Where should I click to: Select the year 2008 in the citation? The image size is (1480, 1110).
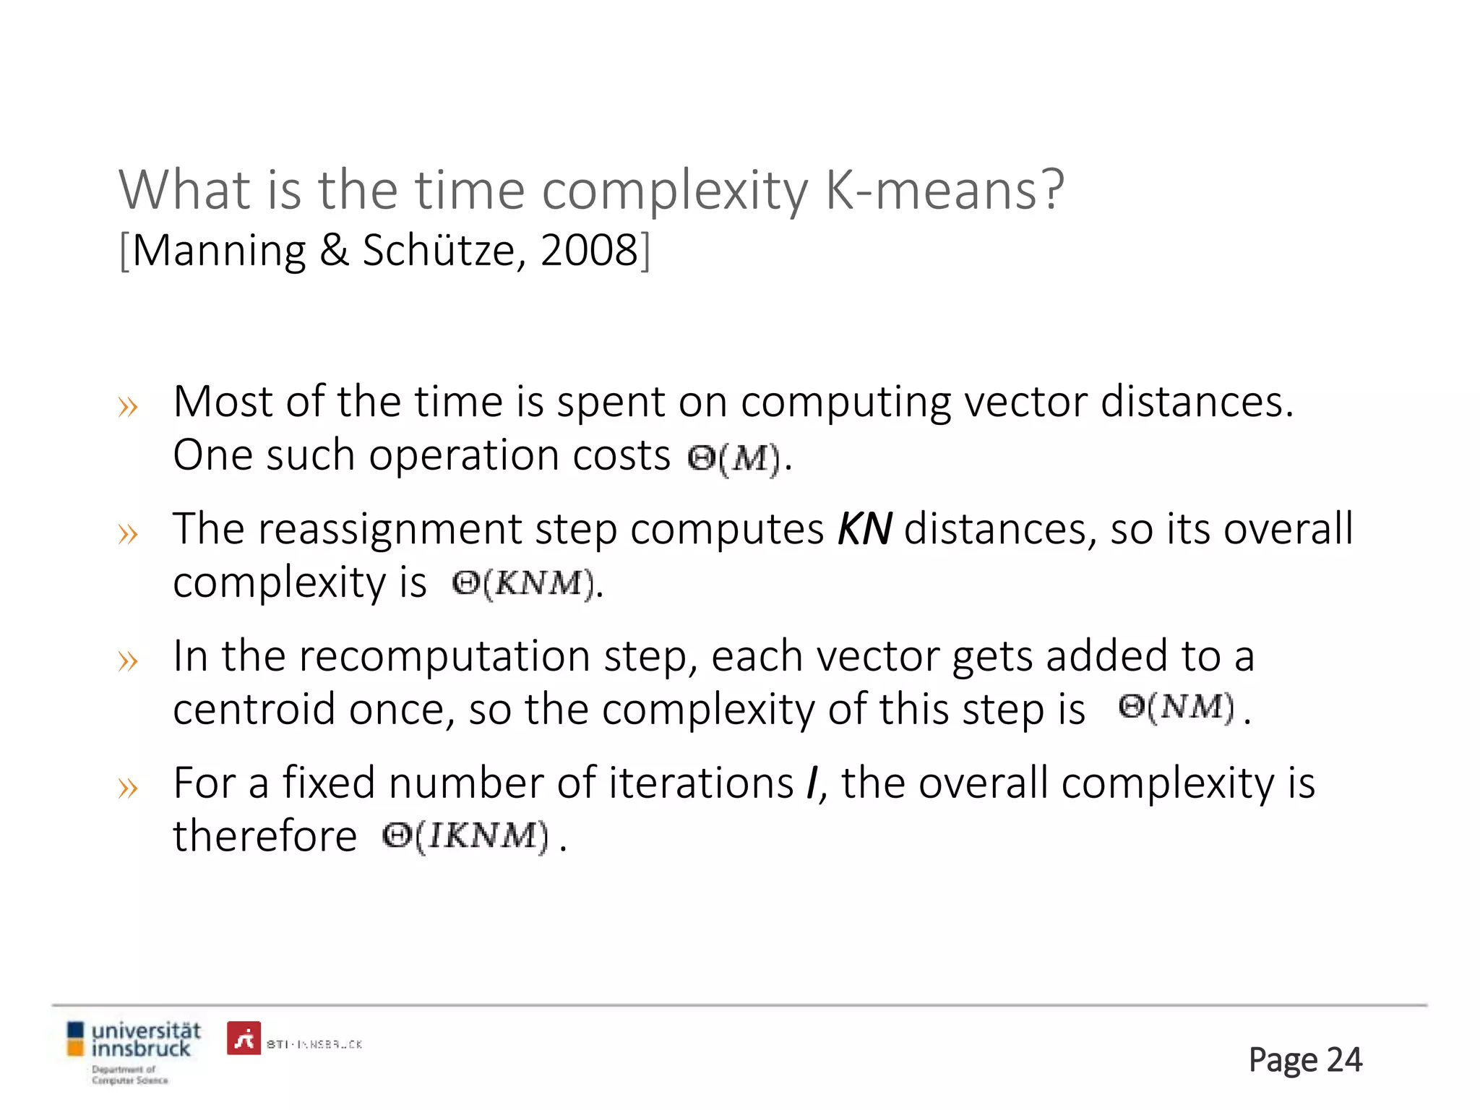point(588,251)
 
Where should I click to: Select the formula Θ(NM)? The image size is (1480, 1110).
point(1176,708)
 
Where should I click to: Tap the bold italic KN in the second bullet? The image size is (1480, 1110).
point(864,528)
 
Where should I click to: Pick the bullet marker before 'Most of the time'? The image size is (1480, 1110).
point(128,407)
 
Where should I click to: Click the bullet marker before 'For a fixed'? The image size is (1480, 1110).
point(128,788)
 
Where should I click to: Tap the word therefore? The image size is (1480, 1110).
point(264,836)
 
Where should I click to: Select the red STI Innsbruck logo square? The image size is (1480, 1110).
point(244,1038)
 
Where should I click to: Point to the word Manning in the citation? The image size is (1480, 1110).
point(219,251)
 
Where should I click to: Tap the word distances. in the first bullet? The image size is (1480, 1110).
point(1197,402)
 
